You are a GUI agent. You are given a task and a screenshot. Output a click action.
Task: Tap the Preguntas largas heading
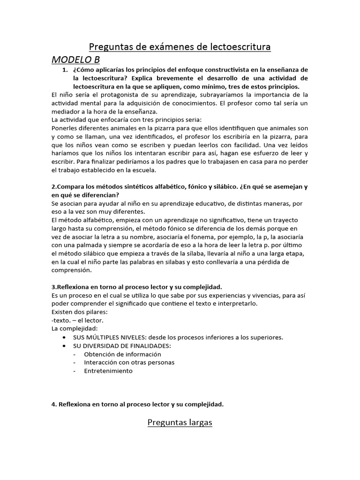tap(180, 422)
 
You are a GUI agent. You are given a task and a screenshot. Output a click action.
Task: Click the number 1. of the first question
tap(66, 70)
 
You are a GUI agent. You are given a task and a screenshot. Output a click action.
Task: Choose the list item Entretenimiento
tap(108, 371)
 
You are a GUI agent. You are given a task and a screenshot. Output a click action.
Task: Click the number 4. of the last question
tap(54, 404)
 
